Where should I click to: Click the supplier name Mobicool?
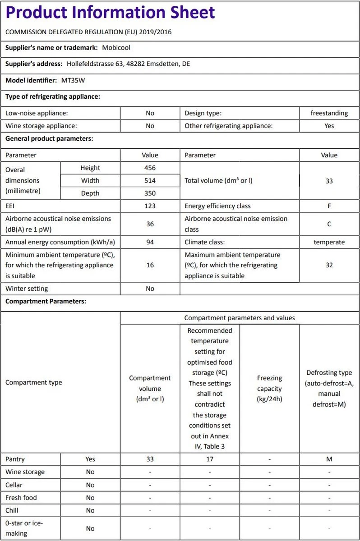point(116,47)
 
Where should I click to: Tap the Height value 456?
point(150,168)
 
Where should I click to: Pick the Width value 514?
point(150,180)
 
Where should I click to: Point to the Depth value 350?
point(150,193)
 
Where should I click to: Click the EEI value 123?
point(150,206)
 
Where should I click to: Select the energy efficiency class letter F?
point(329,206)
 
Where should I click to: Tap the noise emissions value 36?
point(150,224)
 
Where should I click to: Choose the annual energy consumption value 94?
point(150,242)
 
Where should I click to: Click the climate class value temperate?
point(329,242)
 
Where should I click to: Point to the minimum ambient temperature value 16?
point(150,265)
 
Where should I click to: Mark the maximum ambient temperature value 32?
point(329,265)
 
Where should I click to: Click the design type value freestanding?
point(329,113)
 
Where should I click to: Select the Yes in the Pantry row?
point(90,459)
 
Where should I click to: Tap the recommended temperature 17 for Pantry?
point(210,459)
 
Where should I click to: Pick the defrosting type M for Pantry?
point(329,459)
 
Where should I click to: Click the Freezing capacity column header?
point(269,388)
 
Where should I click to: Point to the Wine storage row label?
point(25,472)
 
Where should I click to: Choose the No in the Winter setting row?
point(150,289)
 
